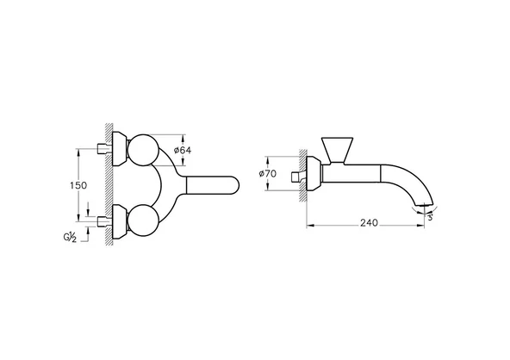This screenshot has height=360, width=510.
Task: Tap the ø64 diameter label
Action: coord(182,152)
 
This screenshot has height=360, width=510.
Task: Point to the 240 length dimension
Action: coord(368,222)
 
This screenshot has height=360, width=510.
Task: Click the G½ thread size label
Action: coord(68,235)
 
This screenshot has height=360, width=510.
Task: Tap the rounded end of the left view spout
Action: coord(234,188)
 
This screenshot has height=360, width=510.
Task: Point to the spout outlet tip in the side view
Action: coord(421,206)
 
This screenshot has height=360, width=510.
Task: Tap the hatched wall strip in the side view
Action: coord(304,176)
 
